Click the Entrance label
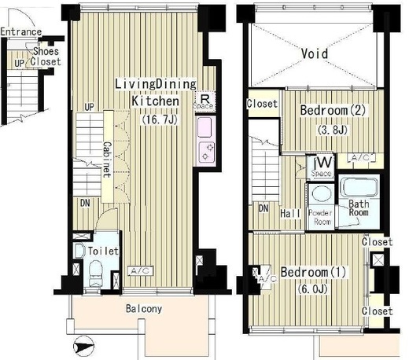point(20,32)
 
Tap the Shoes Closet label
point(46,57)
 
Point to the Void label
point(315,53)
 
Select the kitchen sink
point(204,127)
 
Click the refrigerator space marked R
point(204,101)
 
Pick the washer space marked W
point(321,167)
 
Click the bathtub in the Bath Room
point(359,188)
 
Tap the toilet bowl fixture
point(95,273)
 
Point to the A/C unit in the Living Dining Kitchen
point(140,271)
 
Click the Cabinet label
point(108,160)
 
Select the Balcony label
point(144,309)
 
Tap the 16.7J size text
point(160,120)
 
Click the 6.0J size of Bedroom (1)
point(313,289)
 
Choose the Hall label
point(290,213)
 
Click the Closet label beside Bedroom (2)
point(262,104)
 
